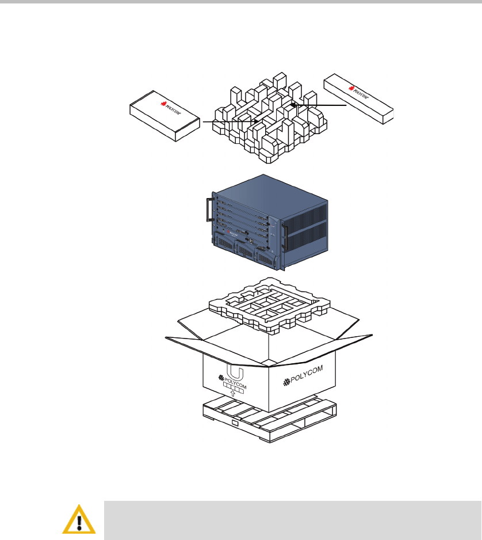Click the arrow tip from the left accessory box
coord(257,121)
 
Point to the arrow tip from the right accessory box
coord(292,105)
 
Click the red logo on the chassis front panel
coord(229,233)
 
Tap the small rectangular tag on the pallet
coord(234,424)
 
